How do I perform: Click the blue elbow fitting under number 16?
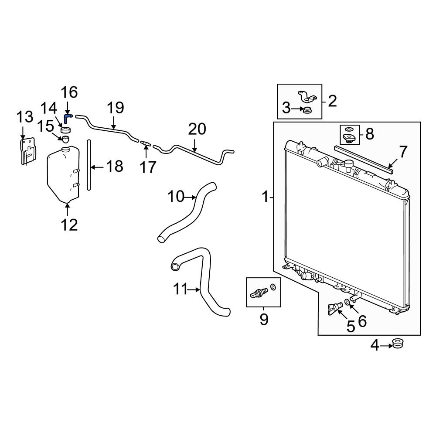click(x=67, y=118)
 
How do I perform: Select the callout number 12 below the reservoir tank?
click(x=69, y=225)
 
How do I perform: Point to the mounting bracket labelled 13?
click(x=28, y=151)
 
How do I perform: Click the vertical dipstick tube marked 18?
click(x=89, y=165)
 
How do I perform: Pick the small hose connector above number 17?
click(x=146, y=143)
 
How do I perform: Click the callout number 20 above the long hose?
click(x=197, y=129)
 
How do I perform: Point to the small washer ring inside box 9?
click(x=273, y=286)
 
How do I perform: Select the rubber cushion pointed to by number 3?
click(x=307, y=110)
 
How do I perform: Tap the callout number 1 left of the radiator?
click(x=266, y=198)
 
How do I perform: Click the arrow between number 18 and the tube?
click(x=98, y=167)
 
